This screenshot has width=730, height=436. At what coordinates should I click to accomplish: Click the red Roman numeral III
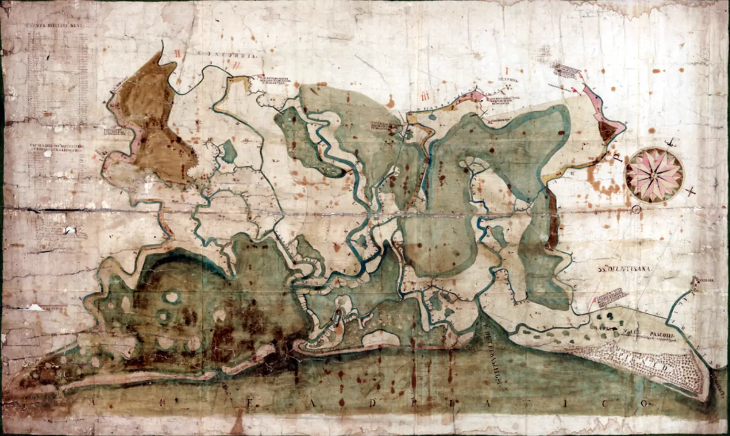[x=427, y=96]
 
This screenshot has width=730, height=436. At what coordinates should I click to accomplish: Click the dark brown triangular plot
[x=607, y=130]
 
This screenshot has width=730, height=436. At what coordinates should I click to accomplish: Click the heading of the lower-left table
[x=53, y=147]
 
